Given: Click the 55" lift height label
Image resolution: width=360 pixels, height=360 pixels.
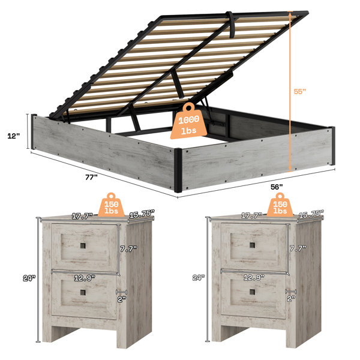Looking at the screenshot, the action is (x=300, y=91).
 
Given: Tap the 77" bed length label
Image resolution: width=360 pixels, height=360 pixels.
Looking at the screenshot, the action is (x=91, y=177).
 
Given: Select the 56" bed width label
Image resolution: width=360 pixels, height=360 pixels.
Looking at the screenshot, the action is (x=277, y=187).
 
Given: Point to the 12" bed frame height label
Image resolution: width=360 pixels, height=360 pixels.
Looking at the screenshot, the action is (x=14, y=136).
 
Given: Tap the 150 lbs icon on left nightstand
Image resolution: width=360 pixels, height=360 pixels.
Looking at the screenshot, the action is (x=112, y=205).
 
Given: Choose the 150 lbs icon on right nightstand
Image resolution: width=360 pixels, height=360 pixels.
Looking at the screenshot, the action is (x=280, y=205).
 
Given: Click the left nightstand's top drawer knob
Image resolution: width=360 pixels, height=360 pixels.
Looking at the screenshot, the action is (x=83, y=246).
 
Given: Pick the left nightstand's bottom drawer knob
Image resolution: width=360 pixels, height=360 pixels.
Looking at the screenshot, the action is (x=83, y=292).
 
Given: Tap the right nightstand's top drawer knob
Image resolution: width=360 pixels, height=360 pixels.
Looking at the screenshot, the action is (x=252, y=245).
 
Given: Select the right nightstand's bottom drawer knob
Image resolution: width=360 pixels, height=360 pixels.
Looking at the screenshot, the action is (x=252, y=292).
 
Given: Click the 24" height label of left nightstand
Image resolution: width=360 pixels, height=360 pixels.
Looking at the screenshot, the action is (x=29, y=278).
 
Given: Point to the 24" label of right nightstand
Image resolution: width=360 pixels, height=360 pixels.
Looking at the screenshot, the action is (x=199, y=278).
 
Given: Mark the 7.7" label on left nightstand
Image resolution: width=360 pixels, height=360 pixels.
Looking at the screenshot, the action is (x=128, y=248).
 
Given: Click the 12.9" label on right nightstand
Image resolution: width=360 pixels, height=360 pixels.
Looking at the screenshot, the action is (x=254, y=278).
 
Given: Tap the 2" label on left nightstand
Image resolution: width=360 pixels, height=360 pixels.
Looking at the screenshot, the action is (x=122, y=299).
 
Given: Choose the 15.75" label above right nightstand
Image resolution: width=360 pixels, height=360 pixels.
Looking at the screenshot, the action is (x=311, y=214).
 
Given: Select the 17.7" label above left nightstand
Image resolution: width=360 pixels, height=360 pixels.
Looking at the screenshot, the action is (x=82, y=216).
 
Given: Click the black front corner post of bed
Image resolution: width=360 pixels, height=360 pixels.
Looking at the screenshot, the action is (x=178, y=170).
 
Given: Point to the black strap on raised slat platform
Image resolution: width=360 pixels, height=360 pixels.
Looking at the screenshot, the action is (x=230, y=25).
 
